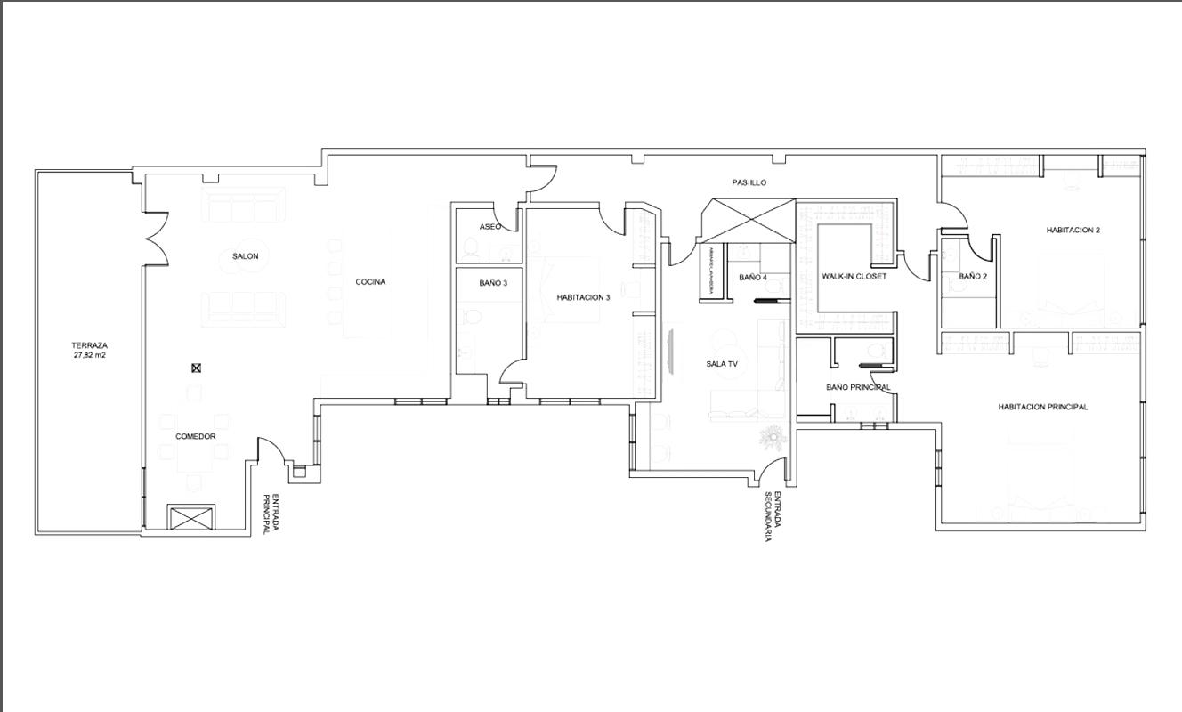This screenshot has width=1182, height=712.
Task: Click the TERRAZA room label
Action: pos(90,345)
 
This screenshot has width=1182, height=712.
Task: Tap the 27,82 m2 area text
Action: pos(90,355)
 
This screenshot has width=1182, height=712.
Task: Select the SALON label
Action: pos(246,256)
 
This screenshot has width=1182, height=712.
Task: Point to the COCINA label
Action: pos(370,282)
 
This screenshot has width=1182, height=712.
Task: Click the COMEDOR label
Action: pos(195,437)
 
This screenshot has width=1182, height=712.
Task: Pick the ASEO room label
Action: pos(490,227)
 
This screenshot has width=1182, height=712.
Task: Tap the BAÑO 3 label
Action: pos(493,283)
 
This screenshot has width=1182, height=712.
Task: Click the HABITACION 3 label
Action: pos(583,297)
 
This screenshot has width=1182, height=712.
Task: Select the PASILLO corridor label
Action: pos(749,182)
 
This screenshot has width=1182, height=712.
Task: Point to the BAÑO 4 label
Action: pos(753,278)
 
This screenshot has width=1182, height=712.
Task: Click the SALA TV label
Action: pos(722,364)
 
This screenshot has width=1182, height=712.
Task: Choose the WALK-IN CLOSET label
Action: pos(854,277)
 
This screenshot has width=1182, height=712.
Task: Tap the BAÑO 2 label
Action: pos(973,277)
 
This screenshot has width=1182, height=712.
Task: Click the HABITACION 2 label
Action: pos(1073,230)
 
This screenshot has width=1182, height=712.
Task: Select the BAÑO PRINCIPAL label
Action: pos(858,387)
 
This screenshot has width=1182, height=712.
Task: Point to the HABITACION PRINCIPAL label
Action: pos(1042,407)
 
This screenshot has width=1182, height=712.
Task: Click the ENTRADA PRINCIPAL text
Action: pos(271,514)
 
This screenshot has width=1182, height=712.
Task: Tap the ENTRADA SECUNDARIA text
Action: pos(772,516)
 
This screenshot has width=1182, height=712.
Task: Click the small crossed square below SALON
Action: pos(197,368)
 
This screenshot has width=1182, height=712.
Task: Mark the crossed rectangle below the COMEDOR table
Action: pos(191,517)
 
